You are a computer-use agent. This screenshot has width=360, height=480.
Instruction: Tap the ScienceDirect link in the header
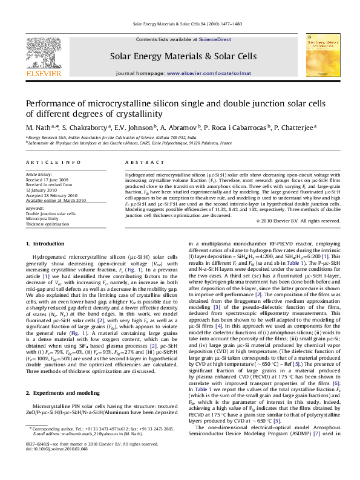[x=215, y=39]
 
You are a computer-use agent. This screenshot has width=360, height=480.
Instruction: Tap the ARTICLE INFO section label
[x=53, y=163]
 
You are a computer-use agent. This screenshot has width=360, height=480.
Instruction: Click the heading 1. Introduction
[x=47, y=261]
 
